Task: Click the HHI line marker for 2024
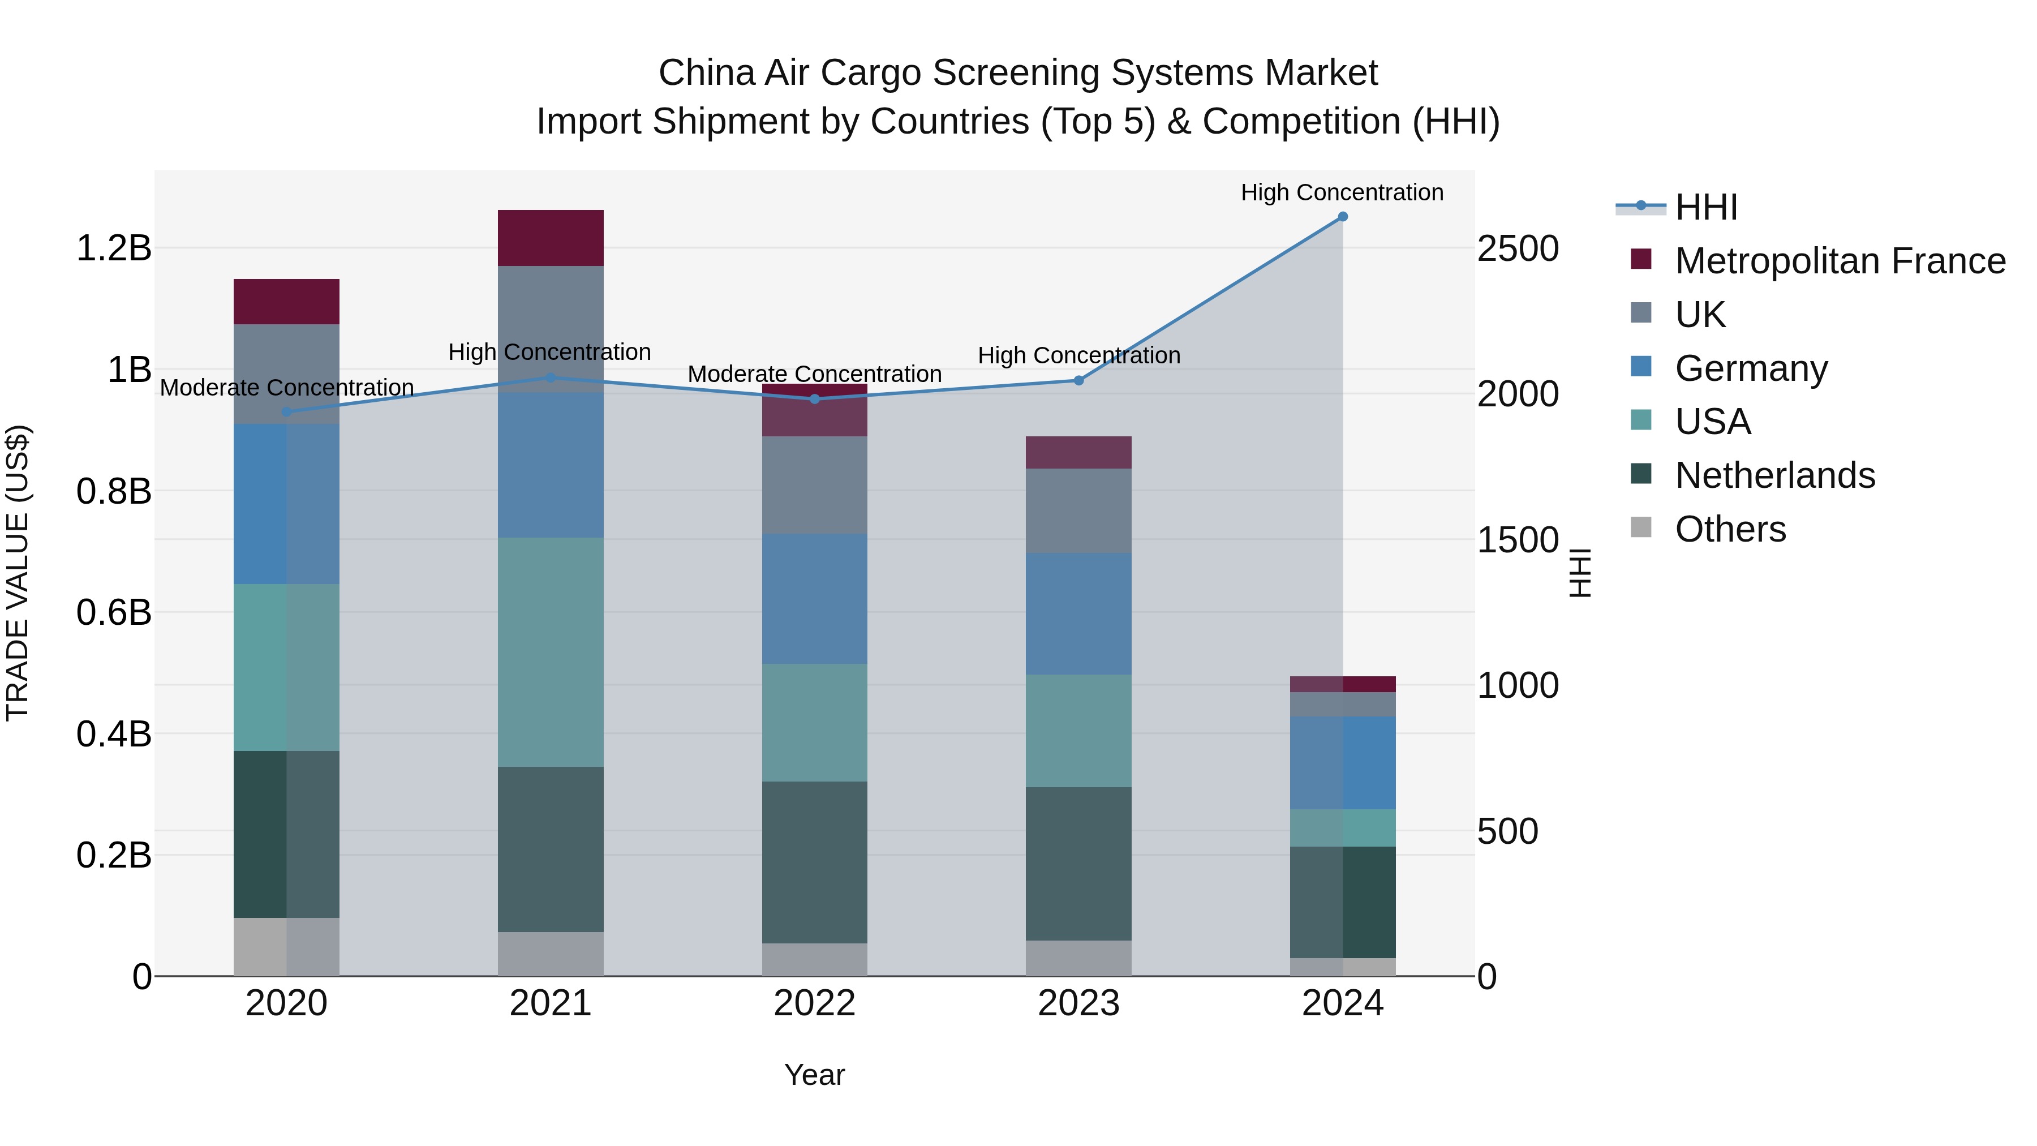click(1342, 217)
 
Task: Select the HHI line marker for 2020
click(286, 412)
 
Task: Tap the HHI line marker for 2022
click(814, 398)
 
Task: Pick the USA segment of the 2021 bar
click(551, 652)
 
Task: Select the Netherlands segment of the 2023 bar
click(1078, 863)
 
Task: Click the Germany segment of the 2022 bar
click(814, 598)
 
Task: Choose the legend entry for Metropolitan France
click(1840, 261)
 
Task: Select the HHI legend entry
click(1705, 207)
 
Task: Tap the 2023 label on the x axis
click(1078, 1003)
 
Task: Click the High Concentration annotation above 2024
click(1342, 192)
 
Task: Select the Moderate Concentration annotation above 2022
click(814, 374)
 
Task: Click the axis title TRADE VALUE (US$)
click(18, 573)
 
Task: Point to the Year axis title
click(814, 1075)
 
